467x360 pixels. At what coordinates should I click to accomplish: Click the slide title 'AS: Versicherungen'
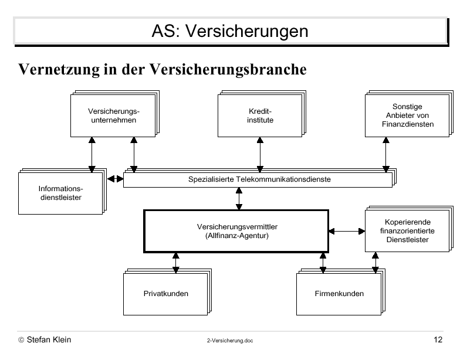(230, 30)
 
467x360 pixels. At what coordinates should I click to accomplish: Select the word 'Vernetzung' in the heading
(59, 70)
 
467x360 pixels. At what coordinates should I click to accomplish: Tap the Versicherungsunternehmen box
(113, 116)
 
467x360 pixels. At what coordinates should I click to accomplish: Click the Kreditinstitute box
(260, 116)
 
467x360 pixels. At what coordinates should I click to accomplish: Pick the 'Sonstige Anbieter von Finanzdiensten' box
(407, 116)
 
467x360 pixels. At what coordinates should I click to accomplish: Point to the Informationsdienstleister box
(60, 193)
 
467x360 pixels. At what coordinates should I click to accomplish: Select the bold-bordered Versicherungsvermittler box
(236, 231)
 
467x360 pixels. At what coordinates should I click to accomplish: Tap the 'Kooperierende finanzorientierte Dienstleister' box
(407, 231)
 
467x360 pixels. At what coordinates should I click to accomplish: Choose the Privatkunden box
(165, 294)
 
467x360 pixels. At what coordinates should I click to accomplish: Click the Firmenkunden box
(339, 294)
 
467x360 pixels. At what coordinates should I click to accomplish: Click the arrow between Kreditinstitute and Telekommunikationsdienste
(260, 155)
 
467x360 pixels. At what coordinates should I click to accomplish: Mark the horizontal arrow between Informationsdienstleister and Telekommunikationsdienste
(115, 179)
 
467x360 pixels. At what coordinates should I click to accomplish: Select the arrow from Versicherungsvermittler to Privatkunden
(176, 263)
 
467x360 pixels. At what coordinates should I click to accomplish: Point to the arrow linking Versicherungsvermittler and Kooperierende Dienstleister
(347, 231)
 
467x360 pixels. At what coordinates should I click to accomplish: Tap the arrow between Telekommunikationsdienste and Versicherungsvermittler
(239, 199)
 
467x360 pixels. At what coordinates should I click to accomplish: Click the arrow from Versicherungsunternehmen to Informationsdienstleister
(92, 155)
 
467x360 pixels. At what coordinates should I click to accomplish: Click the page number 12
(438, 339)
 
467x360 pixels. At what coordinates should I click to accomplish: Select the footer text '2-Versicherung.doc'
(230, 341)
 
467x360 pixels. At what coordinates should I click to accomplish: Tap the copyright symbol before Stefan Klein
(21, 339)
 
